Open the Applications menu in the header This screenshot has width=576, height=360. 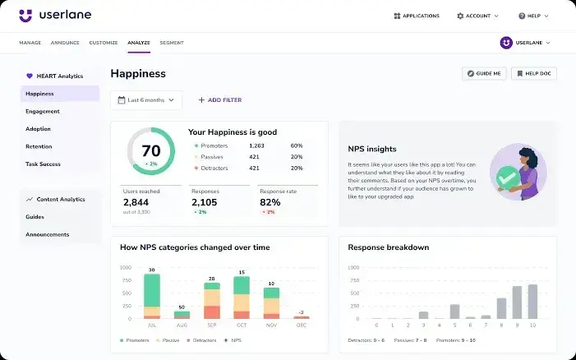417,16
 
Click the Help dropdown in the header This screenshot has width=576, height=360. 533,16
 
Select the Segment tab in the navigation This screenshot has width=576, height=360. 172,43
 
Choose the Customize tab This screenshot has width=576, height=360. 104,43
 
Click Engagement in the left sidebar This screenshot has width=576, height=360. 43,111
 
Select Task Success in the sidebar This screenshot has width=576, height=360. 43,164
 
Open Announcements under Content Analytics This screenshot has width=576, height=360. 47,234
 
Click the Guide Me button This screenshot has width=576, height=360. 484,73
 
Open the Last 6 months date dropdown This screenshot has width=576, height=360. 146,100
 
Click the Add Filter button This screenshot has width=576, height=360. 219,100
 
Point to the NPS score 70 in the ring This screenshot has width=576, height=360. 151,151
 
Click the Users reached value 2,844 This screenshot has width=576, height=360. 136,202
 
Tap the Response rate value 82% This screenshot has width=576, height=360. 270,202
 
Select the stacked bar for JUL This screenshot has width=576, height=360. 152,296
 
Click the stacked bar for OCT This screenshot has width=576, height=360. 242,297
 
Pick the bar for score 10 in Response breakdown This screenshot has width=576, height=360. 532,302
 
